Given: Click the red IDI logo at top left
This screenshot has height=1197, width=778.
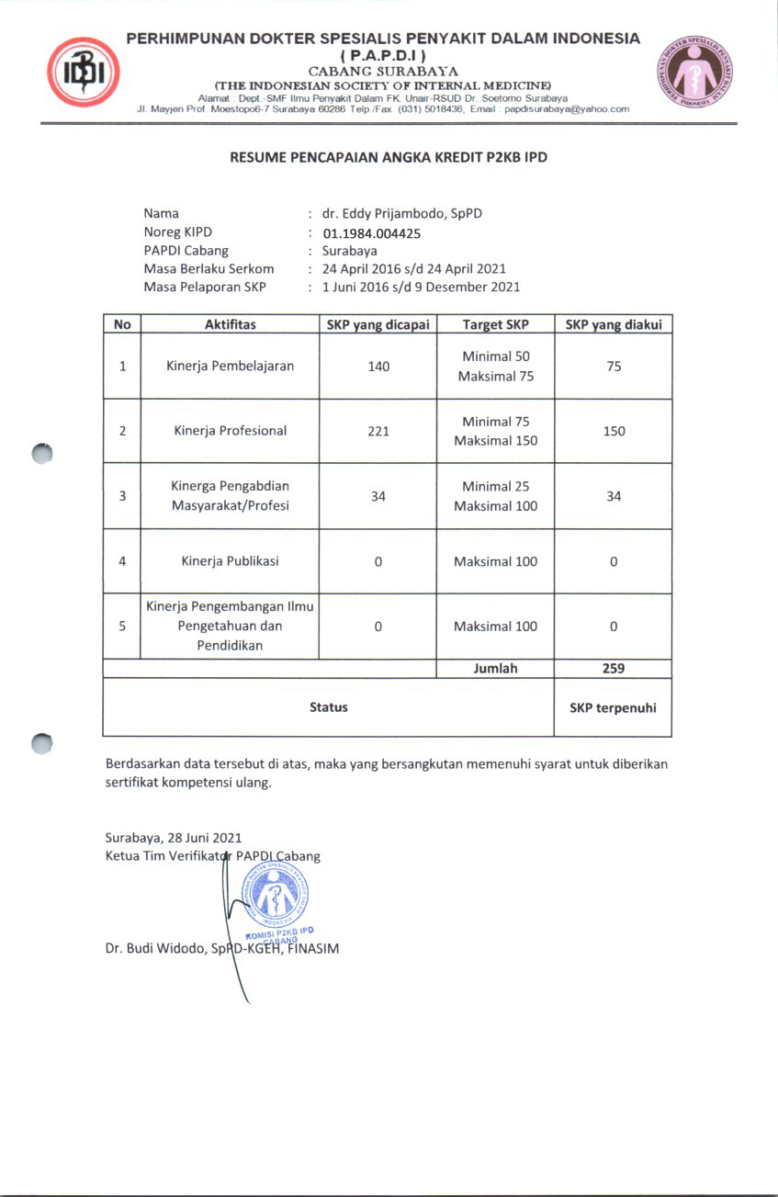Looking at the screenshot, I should [x=84, y=72].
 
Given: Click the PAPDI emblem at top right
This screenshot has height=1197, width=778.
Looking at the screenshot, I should [x=695, y=73].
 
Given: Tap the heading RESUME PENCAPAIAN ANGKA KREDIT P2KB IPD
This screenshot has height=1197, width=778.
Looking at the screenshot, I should [x=389, y=157].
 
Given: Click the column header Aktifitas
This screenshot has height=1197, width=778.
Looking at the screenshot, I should [x=230, y=324].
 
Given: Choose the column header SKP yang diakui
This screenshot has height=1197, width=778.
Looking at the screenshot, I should [x=613, y=324].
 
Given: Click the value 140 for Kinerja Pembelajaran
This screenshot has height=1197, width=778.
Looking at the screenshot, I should [x=378, y=367].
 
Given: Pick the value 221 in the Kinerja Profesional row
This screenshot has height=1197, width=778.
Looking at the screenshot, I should [x=378, y=431].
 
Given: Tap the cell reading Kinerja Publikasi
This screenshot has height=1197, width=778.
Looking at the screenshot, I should [x=230, y=561].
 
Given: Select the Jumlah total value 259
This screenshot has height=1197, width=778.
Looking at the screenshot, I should [x=613, y=669].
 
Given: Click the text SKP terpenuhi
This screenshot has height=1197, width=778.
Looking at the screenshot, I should [x=613, y=707].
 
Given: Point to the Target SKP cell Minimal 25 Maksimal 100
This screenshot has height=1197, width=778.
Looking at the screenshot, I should [x=495, y=496].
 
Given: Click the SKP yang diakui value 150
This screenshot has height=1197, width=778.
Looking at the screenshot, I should [x=613, y=431].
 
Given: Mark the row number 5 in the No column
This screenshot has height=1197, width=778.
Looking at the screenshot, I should [x=122, y=627].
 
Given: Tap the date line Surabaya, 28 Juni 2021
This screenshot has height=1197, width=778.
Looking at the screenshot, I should [x=174, y=838].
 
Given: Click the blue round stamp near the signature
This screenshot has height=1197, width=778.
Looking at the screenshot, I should [x=275, y=896].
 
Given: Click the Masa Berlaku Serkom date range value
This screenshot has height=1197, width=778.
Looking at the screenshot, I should [x=413, y=269].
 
